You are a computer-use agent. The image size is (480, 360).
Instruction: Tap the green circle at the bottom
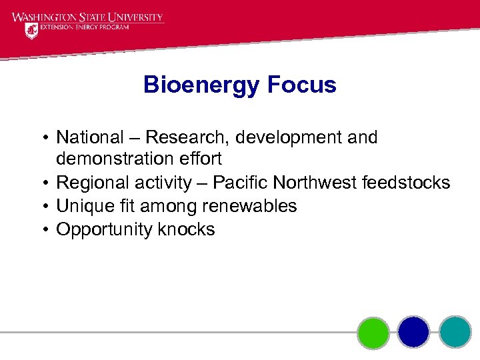373,332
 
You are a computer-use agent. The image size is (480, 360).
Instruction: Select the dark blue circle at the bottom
413,332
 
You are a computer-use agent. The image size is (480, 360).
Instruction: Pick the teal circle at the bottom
455,332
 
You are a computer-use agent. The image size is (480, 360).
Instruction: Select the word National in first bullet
90,137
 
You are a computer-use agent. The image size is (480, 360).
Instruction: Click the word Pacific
239,183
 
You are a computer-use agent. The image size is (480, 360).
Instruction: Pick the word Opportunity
105,230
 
